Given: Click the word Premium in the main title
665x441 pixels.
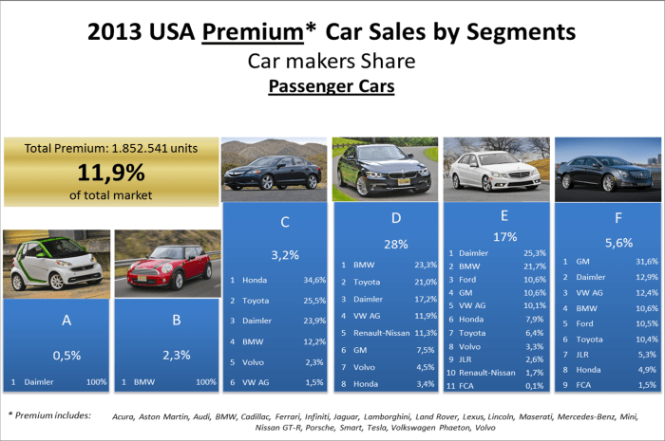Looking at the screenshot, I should pos(254,32).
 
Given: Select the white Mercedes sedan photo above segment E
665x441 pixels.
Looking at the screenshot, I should pos(496,168).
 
